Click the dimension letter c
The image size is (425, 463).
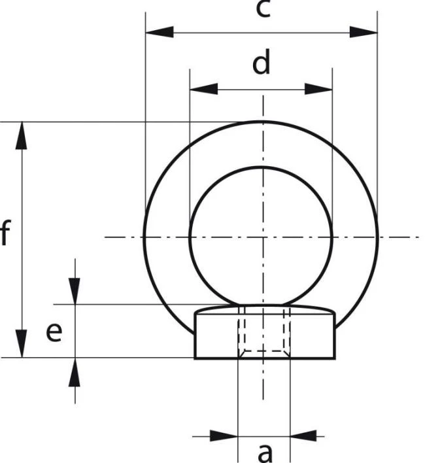click(263, 9)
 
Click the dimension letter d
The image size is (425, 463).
click(262, 62)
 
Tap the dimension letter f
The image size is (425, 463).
click(5, 233)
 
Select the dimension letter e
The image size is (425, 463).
click(54, 332)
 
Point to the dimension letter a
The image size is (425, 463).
click(265, 453)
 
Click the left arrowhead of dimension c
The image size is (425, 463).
click(160, 32)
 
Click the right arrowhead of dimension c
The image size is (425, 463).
click(364, 32)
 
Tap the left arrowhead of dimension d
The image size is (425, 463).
click(203, 88)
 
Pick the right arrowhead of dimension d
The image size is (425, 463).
click(318, 88)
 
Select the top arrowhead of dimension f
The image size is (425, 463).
click(21, 135)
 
